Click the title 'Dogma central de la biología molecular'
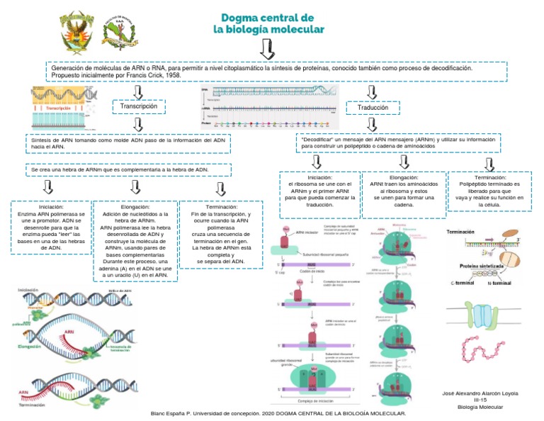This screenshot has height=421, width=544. [268, 23]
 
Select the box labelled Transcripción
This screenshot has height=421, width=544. [139, 106]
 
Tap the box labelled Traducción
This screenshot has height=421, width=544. [373, 108]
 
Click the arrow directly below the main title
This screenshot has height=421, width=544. [268, 49]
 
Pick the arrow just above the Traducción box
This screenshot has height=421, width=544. [373, 91]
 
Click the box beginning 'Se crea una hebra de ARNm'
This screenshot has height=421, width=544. [119, 171]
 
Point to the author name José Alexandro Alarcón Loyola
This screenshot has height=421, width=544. [480, 393]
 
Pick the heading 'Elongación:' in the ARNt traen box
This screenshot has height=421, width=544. [403, 177]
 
